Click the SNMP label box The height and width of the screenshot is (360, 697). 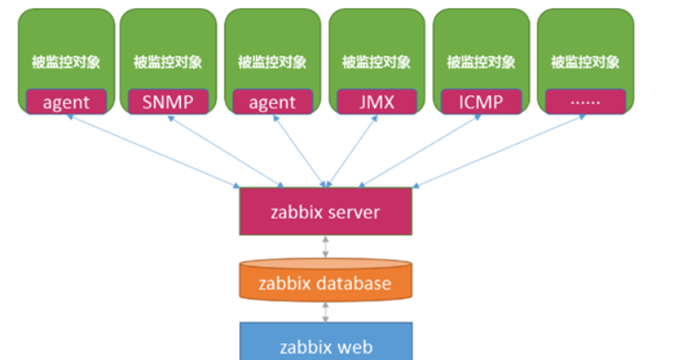(168, 101)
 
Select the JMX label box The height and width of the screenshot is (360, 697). (376, 101)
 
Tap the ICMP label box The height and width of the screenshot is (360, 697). (481, 101)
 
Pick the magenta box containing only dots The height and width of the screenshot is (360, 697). (585, 101)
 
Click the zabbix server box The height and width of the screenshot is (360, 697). (326, 211)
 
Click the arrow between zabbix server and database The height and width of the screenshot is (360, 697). (326, 247)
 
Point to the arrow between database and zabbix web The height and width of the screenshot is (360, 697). (326, 311)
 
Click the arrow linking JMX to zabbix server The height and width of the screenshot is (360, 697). (353, 150)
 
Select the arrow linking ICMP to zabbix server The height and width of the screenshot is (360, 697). (415, 150)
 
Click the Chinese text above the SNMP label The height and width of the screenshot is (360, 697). (168, 63)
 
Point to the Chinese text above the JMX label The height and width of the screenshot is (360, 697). (376, 63)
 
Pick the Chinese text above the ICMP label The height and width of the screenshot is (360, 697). (481, 63)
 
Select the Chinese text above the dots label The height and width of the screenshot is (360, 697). (585, 63)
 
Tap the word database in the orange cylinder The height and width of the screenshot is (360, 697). (354, 283)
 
